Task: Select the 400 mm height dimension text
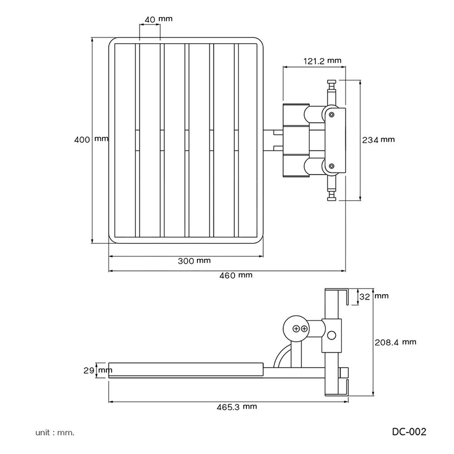click(x=91, y=139)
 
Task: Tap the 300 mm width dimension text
click(x=194, y=261)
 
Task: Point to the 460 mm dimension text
click(x=236, y=275)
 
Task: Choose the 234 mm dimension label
click(x=378, y=140)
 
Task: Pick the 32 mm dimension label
click(x=374, y=296)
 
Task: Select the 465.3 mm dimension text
click(x=237, y=406)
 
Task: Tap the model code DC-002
click(x=409, y=432)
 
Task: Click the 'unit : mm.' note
click(x=55, y=432)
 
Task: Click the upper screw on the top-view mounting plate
click(x=332, y=113)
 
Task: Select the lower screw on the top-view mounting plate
click(x=332, y=166)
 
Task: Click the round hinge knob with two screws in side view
click(x=296, y=328)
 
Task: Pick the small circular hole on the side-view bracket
click(x=332, y=335)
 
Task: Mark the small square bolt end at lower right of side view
click(x=344, y=372)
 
